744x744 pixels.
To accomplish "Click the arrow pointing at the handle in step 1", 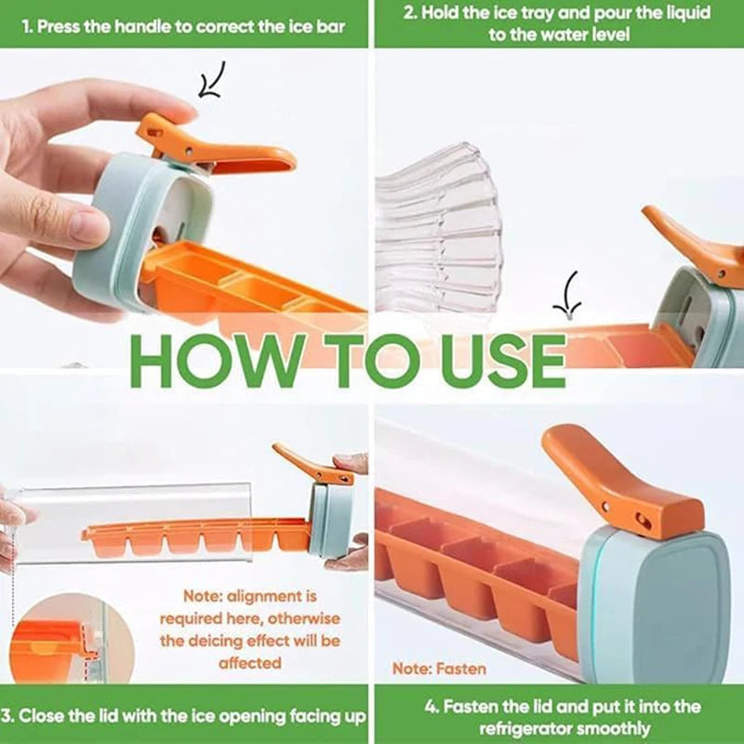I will click(x=211, y=82).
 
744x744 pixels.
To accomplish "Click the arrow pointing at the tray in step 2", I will click(x=567, y=296).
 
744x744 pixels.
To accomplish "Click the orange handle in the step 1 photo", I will click(x=214, y=149).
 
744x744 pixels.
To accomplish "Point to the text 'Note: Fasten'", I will click(x=439, y=669).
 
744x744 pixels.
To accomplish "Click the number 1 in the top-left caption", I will click(x=27, y=26).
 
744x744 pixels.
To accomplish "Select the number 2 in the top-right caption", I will click(x=409, y=14).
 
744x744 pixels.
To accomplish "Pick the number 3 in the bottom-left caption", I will click(x=7, y=716).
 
